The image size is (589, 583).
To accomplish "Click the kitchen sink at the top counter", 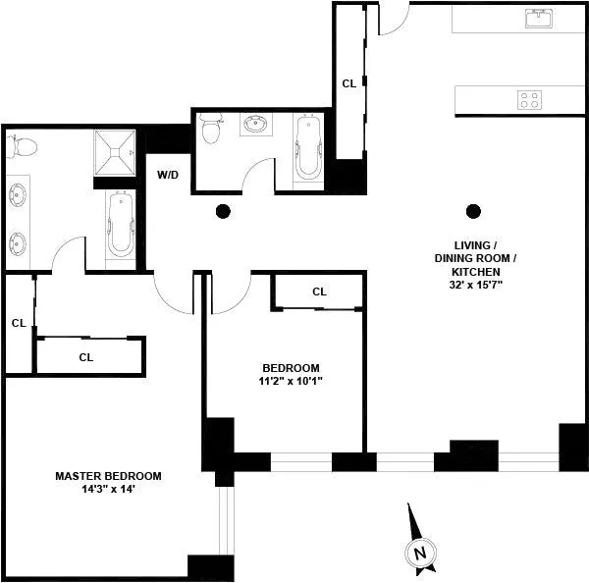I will tap(538, 18).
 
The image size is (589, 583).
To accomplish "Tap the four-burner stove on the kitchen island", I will tap(530, 99).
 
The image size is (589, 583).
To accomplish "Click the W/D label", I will tap(168, 175).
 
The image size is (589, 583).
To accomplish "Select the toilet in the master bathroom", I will tap(21, 147).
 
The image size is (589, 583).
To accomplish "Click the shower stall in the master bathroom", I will tap(117, 151).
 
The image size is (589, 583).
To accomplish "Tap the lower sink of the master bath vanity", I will tap(18, 241).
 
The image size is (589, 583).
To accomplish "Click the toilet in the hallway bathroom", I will tap(209, 130).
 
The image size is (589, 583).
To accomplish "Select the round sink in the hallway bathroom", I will tap(259, 126).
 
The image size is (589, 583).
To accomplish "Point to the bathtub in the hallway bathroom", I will tap(307, 147).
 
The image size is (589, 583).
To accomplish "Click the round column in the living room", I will tap(474, 209).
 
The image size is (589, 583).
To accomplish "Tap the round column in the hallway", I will tap(223, 209).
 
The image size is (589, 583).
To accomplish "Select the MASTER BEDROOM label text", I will tap(108, 476).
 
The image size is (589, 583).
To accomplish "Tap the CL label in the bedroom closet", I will tap(319, 291).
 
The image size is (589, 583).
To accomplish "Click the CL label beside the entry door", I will tap(348, 83).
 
